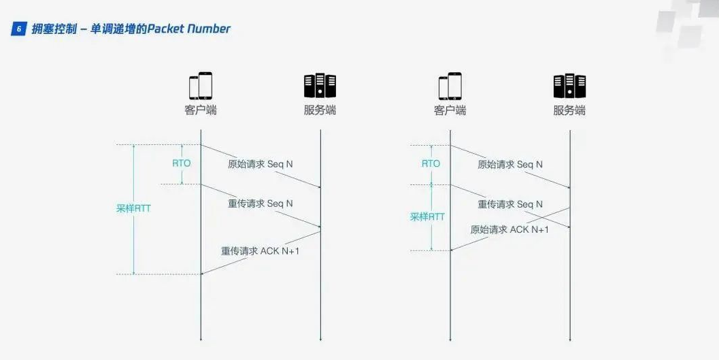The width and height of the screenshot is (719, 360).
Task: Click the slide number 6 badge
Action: (20, 29)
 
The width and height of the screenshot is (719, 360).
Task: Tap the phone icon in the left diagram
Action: (201, 86)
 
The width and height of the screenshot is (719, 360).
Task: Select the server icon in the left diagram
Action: (320, 86)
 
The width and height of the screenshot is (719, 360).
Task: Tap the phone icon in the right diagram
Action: (450, 86)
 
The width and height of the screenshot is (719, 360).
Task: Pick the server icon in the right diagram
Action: (569, 86)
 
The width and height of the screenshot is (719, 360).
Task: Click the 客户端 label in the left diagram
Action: (201, 110)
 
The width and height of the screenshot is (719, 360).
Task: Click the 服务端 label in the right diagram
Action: (569, 110)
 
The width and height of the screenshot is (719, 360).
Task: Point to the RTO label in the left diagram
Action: (181, 163)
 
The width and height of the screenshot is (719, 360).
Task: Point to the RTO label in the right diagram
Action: (431, 163)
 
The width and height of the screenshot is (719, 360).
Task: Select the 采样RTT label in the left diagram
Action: (133, 209)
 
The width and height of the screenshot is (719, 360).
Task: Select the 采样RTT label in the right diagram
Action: (427, 216)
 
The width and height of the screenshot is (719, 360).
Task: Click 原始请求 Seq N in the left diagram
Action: (261, 164)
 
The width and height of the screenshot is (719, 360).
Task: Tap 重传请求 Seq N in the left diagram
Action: (261, 203)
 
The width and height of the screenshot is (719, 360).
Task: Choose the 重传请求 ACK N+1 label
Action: (261, 250)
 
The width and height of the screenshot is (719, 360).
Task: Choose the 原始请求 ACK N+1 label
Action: (509, 230)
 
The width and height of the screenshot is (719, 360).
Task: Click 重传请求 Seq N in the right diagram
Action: (510, 203)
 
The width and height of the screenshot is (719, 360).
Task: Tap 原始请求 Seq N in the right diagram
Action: (510, 164)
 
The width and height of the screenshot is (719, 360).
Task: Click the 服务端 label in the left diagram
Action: (320, 110)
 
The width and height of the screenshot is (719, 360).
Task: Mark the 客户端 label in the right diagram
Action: (450, 110)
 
